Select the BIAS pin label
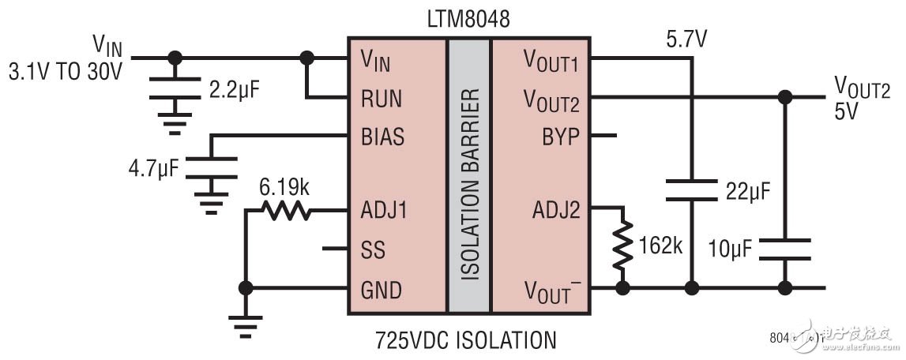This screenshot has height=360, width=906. [x=382, y=137]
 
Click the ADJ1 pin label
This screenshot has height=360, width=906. [x=383, y=212]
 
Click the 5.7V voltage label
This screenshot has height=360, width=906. [x=686, y=36]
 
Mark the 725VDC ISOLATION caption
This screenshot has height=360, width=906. [x=465, y=340]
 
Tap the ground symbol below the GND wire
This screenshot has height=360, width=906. [x=246, y=324]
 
